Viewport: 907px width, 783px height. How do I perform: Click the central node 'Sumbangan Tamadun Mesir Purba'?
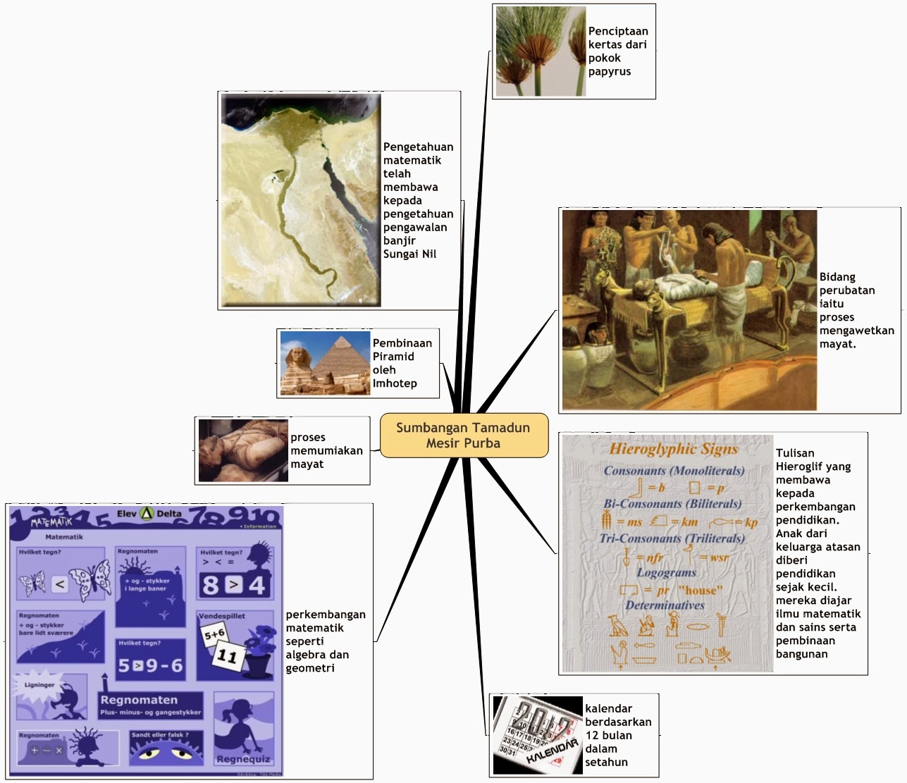pos(463,436)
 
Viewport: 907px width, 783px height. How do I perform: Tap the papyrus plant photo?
pos(540,51)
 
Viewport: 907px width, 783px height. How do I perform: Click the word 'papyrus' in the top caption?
pos(610,71)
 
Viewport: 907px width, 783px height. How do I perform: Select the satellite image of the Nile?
pos(301,200)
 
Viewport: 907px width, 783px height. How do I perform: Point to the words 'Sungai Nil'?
pos(409,254)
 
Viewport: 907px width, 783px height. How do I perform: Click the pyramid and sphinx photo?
pos(325,363)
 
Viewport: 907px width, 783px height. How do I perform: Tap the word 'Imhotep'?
pos(395,383)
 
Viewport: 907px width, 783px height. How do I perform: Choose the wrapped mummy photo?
pos(243,450)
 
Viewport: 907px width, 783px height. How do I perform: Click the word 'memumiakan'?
pos(326,450)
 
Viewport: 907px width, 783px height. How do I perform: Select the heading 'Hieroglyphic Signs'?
pos(673,449)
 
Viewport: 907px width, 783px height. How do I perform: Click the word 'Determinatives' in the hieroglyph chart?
pos(665,605)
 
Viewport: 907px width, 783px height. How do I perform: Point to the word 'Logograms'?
pos(666,572)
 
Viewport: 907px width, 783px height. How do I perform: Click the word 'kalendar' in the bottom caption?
pos(608,708)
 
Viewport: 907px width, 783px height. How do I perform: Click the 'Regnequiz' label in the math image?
pos(243,759)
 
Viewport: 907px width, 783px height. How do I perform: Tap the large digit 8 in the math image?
pos(210,586)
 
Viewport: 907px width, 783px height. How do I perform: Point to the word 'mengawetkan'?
pos(856,331)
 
